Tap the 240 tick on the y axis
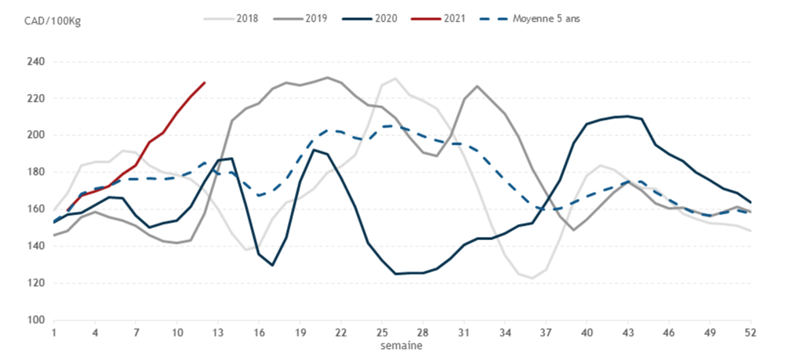(36, 62)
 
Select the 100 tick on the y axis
(36, 320)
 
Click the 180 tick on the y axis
(36, 173)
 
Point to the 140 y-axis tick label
(36, 246)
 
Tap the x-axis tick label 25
(383, 333)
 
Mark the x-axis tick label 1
(54, 333)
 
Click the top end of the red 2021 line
(205, 82)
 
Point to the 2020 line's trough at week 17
(273, 265)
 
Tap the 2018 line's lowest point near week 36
(532, 278)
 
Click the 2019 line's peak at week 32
(478, 86)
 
